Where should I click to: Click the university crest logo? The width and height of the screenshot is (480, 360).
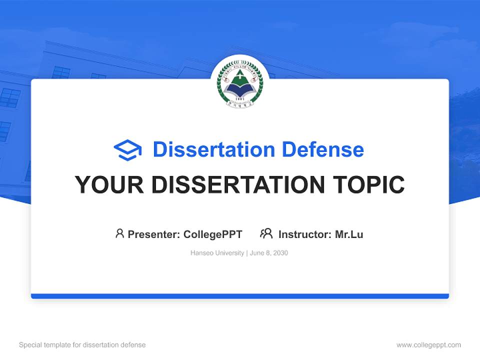click(x=239, y=83)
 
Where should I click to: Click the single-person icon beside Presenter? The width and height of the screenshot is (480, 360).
click(x=119, y=233)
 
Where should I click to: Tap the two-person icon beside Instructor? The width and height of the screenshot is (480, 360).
click(x=266, y=233)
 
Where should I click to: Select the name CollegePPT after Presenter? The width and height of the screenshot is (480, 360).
click(x=213, y=234)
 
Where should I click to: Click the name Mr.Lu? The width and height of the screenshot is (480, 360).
click(x=349, y=234)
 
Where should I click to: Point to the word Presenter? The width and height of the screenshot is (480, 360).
click(x=154, y=234)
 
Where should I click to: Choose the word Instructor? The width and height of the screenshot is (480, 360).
click(x=305, y=234)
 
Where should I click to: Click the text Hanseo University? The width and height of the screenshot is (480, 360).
click(x=216, y=253)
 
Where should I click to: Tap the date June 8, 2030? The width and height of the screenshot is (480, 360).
click(x=268, y=253)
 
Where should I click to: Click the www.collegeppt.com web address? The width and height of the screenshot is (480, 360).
click(x=428, y=345)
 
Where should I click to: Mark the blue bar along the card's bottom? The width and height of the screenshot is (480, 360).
click(x=239, y=296)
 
